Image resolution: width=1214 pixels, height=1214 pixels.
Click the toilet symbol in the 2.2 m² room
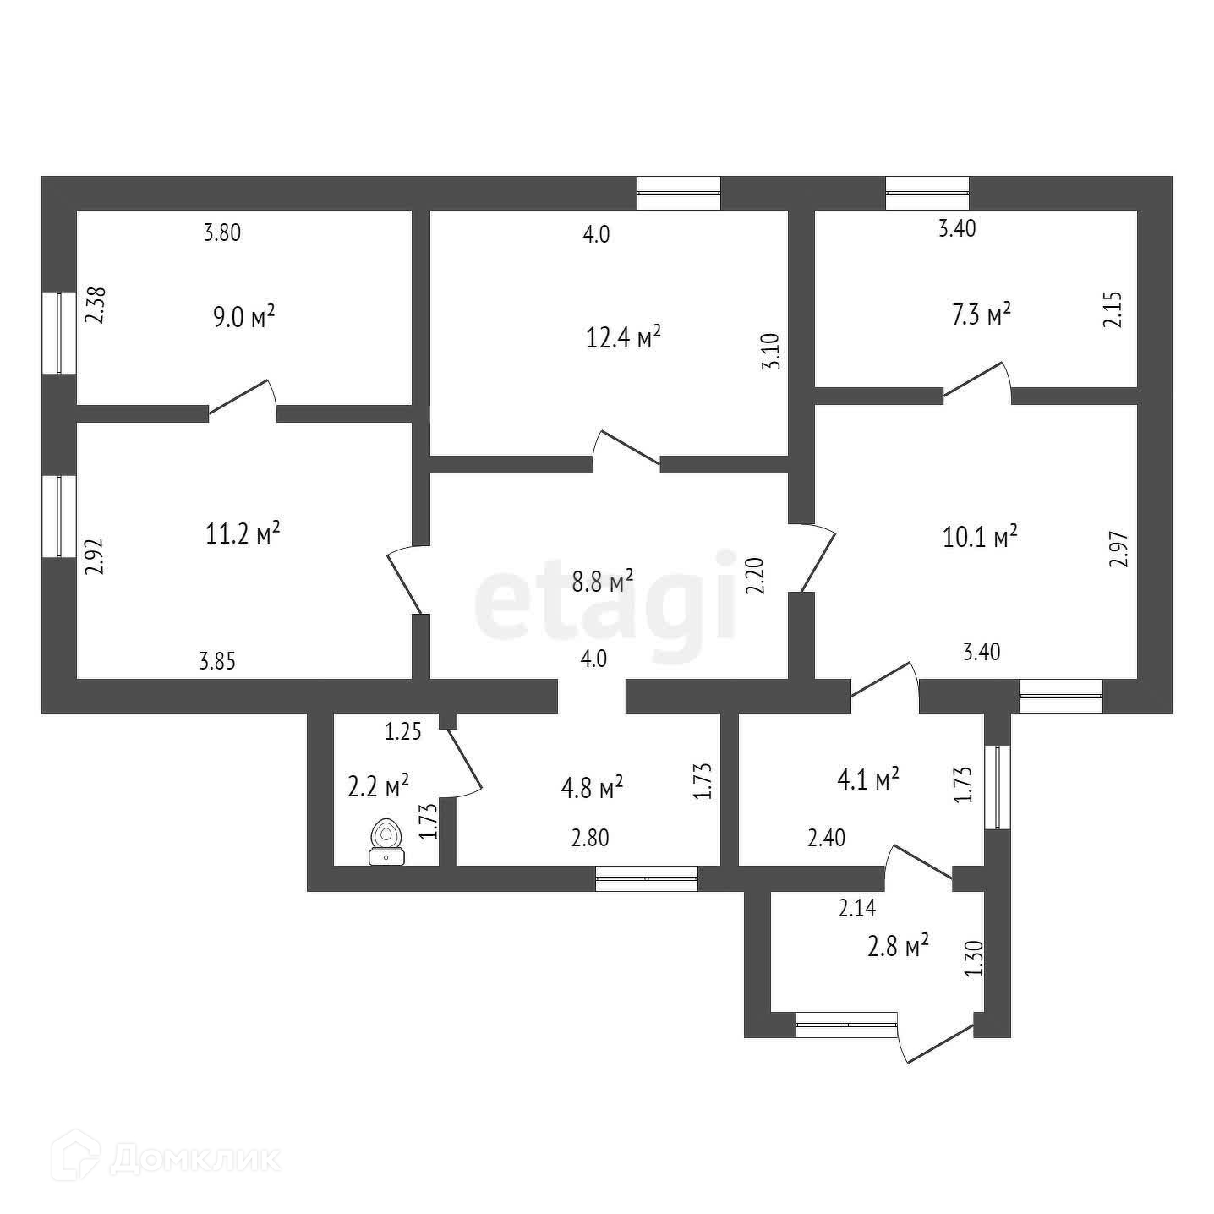coord(386,842)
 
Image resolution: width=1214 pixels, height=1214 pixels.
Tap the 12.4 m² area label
coord(623,338)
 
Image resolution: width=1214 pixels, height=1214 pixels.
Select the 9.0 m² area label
coord(243,318)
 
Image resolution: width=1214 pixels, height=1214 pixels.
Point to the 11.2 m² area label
coord(243,533)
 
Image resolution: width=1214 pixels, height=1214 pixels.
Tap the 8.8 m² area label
coord(603,582)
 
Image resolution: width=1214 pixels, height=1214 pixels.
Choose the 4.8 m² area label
coord(592,788)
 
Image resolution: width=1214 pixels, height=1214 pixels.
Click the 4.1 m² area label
coord(867,779)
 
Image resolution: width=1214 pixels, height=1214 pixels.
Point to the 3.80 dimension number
coord(222,232)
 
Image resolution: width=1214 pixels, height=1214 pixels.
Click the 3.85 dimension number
coord(217,661)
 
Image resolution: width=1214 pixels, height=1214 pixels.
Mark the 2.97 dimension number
coord(1118,549)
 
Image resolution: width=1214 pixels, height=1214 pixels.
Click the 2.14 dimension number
coord(857,909)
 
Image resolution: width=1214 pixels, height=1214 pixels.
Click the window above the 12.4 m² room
coord(678,193)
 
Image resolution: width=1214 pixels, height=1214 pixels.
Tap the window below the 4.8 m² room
coord(647,879)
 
